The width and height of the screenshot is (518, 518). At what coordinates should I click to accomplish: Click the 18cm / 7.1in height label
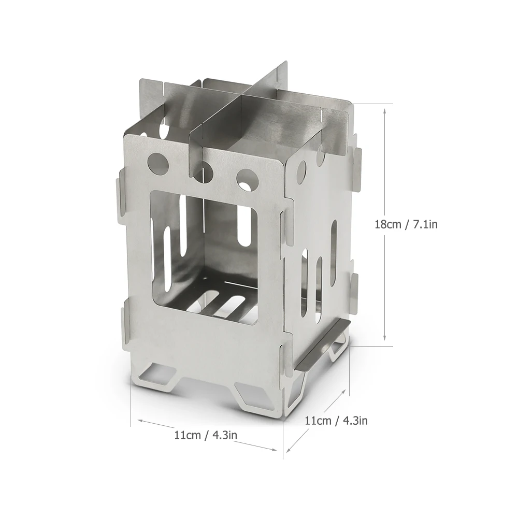(406, 225)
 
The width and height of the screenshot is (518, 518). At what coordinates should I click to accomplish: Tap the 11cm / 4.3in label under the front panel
(206, 435)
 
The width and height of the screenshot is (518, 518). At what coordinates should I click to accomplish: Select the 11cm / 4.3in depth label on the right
(336, 421)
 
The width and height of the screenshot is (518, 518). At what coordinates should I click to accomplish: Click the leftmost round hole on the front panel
(158, 163)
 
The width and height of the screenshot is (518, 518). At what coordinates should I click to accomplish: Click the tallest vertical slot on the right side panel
(334, 253)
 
